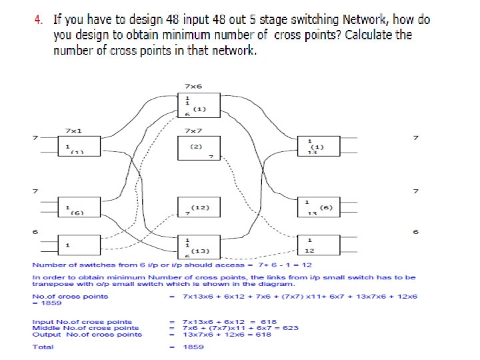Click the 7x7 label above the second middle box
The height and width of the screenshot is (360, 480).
click(x=193, y=131)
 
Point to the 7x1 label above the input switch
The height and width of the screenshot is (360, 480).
click(x=73, y=131)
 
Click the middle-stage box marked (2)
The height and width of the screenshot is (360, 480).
click(x=196, y=148)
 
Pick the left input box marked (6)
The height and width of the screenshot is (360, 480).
click(x=77, y=207)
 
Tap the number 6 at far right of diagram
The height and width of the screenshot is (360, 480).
click(x=416, y=232)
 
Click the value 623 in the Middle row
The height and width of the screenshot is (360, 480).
click(x=291, y=327)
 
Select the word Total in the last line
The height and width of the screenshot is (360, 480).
click(x=43, y=347)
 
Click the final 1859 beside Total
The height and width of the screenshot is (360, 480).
click(x=193, y=347)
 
